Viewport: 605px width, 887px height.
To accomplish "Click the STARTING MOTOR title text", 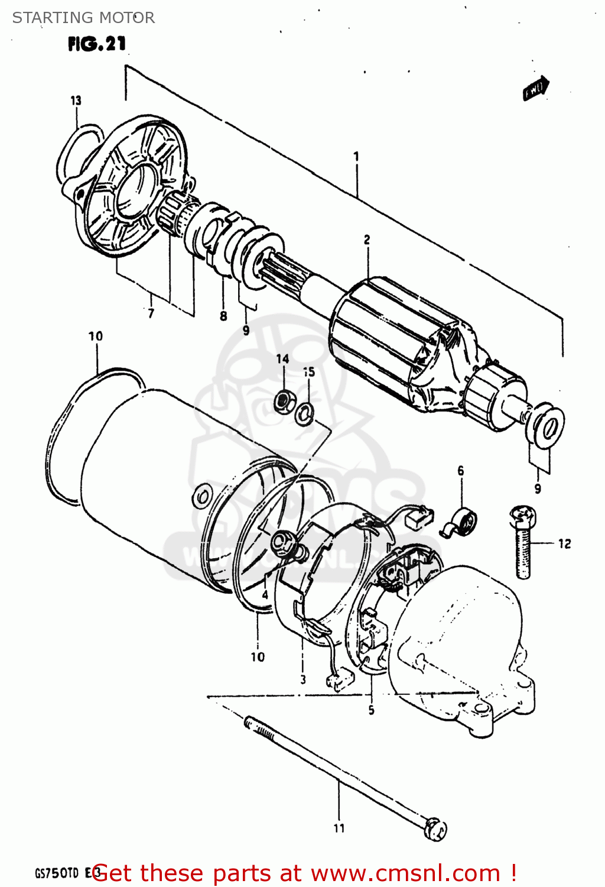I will click(x=83, y=18).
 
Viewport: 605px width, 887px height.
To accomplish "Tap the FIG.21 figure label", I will click(x=96, y=44).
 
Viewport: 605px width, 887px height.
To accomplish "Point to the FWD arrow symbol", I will click(x=536, y=89).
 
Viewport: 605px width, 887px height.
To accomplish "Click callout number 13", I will click(x=76, y=101).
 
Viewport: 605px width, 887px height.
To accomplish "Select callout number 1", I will click(x=356, y=157).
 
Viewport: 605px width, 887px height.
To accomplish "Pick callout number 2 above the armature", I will click(x=367, y=239).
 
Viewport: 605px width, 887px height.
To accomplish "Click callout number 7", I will click(x=151, y=313).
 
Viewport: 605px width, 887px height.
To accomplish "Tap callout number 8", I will click(x=223, y=316).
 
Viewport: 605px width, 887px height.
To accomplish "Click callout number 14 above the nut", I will click(x=282, y=359).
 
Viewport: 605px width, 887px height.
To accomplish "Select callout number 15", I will click(x=309, y=372).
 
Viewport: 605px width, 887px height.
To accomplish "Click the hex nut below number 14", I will click(x=282, y=402).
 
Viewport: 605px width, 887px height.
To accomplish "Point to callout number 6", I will click(x=461, y=471).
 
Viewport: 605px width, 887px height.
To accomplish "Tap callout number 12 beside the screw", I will click(x=564, y=543).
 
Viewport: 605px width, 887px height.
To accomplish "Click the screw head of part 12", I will click(x=522, y=517).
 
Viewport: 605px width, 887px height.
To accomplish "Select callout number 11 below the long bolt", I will click(x=339, y=828).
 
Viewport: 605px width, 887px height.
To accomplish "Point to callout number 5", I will click(x=371, y=710).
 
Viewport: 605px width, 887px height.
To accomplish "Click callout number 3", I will click(x=302, y=679).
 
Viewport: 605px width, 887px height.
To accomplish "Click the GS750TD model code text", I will click(x=56, y=873).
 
